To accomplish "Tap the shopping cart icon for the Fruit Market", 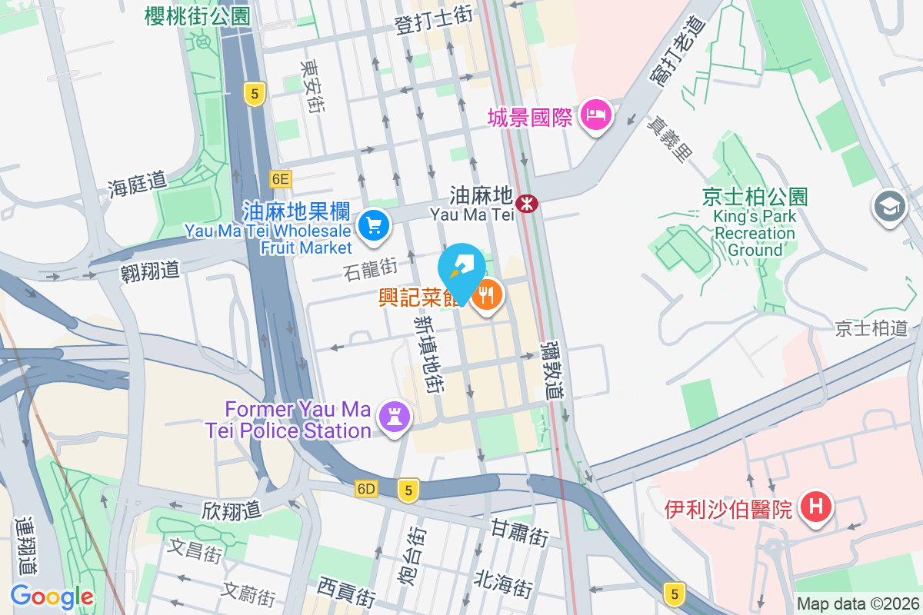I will click(x=375, y=225).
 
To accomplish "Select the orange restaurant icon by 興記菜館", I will click(x=486, y=294).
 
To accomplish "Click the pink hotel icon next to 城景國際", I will click(x=596, y=116).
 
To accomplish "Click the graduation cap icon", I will click(x=889, y=206).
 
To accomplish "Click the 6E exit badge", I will click(x=281, y=179).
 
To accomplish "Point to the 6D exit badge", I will click(x=367, y=489).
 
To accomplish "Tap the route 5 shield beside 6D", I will click(x=408, y=489).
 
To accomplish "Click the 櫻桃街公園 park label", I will click(x=198, y=15).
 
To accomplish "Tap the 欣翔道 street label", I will click(x=232, y=510).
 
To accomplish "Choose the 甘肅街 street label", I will click(x=520, y=532).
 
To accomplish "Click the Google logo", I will click(x=52, y=596).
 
